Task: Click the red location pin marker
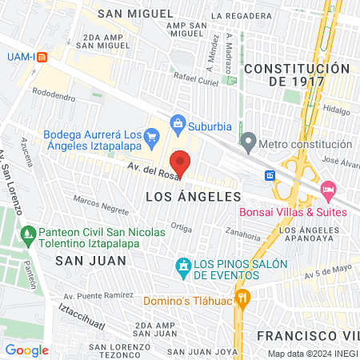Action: click(x=181, y=162)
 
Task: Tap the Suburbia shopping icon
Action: click(x=177, y=123)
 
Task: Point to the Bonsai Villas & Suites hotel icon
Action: click(x=326, y=189)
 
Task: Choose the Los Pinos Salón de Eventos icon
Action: click(x=182, y=266)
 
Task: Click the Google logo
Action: click(x=26, y=350)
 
